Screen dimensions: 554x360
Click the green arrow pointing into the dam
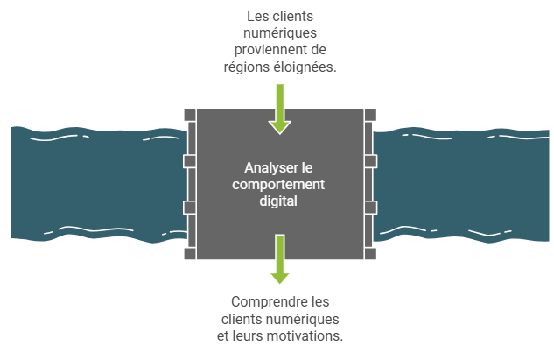[x=280, y=109]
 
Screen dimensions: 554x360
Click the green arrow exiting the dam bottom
[x=280, y=259]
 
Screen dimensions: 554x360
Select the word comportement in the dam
[x=278, y=184]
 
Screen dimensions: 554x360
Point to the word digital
[x=278, y=201]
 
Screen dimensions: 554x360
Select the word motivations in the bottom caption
[x=310, y=335]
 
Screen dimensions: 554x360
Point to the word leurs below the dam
[x=251, y=335]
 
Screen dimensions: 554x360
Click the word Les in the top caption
[x=254, y=17]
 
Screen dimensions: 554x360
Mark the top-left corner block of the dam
[x=190, y=116]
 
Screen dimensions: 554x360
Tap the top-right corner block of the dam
[x=370, y=116]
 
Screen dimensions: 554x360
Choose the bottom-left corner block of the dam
[x=190, y=253]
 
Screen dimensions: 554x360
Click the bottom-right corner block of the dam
[x=370, y=253]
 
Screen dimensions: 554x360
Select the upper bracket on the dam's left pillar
[x=190, y=161]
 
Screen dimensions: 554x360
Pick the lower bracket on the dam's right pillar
[x=370, y=208]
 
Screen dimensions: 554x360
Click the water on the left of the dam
[x=99, y=185]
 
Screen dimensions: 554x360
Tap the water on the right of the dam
[x=461, y=186]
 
